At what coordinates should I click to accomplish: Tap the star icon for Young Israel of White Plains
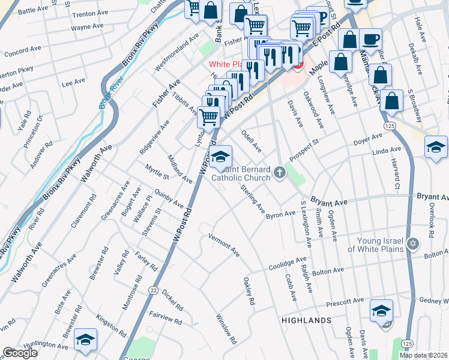pos(412,244)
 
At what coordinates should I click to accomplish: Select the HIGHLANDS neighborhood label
pos(306,320)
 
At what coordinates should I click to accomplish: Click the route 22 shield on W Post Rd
pos(154,290)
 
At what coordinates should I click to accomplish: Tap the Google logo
pos(20,353)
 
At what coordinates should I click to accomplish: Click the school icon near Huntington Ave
pos(85,340)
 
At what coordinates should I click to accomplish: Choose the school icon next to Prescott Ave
pos(381,311)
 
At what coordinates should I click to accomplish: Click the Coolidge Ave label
pos(288,263)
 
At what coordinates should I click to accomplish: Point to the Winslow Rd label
pos(227,329)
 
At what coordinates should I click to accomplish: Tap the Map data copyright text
pos(423,355)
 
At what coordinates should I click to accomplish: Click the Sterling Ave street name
pos(253,199)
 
